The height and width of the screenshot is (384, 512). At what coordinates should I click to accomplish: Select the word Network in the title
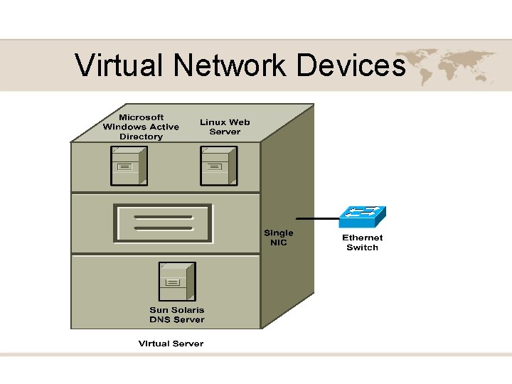click(229, 65)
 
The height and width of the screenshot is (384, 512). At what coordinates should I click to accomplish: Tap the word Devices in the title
click(351, 65)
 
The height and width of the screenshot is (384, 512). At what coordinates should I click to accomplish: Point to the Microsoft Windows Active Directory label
click(141, 127)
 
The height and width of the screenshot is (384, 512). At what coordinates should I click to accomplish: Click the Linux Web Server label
click(225, 127)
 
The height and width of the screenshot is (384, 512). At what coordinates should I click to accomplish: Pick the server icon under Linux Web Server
click(218, 164)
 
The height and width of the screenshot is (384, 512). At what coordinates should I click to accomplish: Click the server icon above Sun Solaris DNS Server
click(177, 282)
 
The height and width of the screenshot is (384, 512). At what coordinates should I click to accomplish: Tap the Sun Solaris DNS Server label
click(176, 314)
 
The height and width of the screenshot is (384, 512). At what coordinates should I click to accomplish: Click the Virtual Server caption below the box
click(171, 343)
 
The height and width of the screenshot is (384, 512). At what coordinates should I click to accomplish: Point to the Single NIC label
click(278, 238)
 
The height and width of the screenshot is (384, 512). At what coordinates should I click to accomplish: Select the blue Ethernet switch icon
click(362, 216)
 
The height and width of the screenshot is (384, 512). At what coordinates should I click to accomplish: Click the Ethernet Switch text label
click(362, 242)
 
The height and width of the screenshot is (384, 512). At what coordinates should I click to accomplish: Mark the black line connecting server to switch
click(316, 218)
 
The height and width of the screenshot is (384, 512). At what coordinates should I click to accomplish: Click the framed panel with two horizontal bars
click(163, 223)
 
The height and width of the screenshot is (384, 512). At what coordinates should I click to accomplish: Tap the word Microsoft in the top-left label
click(141, 117)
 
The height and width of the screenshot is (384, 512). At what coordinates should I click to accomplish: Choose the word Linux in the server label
click(212, 122)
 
